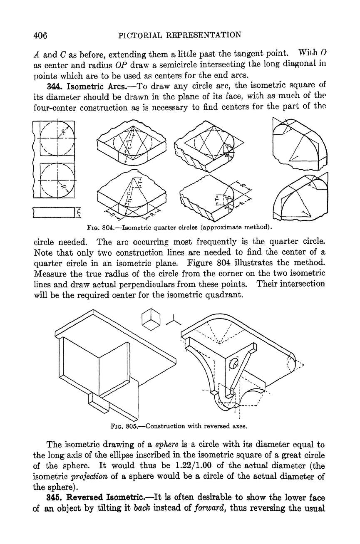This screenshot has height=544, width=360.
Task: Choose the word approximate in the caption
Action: coord(221,227)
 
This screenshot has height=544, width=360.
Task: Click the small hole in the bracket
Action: coord(233,363)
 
